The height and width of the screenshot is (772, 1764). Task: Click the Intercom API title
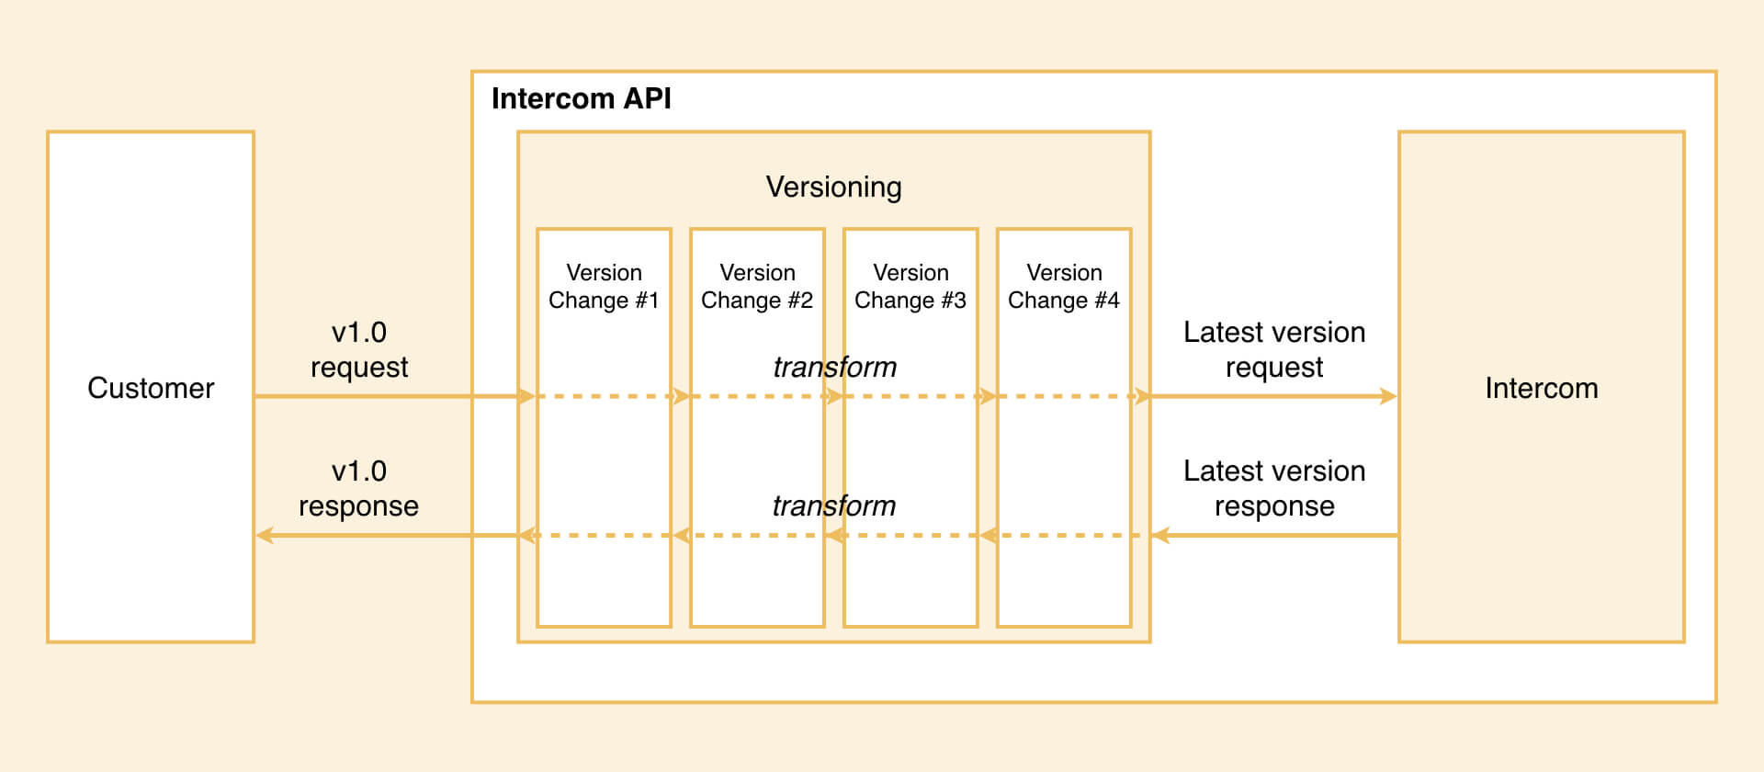click(581, 98)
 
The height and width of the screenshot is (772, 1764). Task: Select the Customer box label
click(151, 388)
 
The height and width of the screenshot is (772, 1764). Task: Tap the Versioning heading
click(833, 187)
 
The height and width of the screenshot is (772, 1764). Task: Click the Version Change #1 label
click(604, 287)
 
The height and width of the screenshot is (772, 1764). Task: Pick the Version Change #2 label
click(757, 287)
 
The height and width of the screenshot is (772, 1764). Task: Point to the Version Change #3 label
click(910, 287)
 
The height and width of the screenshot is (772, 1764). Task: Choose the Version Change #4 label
click(1063, 287)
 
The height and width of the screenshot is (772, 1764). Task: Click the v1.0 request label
click(359, 349)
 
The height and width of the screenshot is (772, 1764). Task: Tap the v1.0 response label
click(358, 488)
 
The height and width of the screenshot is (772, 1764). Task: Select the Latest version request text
click(1273, 349)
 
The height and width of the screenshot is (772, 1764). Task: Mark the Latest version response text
click(1273, 488)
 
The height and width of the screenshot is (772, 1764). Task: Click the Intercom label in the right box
click(1541, 388)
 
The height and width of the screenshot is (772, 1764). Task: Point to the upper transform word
click(834, 367)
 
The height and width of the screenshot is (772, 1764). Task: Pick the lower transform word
click(833, 505)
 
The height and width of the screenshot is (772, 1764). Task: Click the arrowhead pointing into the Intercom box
click(1388, 396)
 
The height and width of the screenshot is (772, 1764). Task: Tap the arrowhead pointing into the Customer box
click(265, 535)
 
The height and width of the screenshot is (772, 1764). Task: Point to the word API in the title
click(647, 98)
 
